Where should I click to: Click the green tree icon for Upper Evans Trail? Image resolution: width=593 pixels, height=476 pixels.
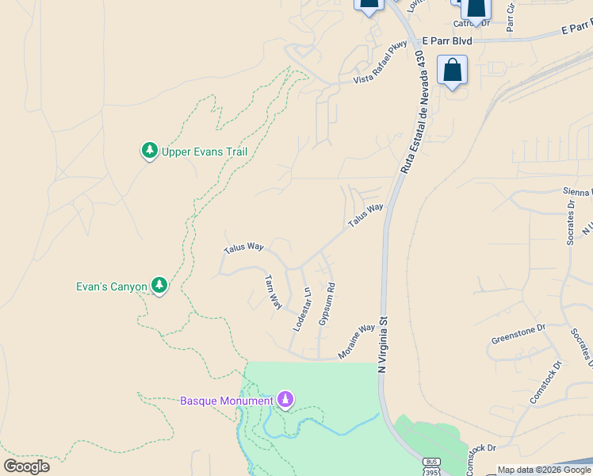coord(149,150)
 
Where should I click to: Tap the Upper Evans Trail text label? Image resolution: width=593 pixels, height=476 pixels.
coord(205,152)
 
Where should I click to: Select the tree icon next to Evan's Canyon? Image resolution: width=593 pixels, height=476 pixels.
coord(159,285)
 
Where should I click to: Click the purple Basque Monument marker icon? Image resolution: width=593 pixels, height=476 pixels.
coord(285,399)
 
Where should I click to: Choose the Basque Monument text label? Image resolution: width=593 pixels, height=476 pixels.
coord(226,401)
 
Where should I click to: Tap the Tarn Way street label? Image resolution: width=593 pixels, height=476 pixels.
coord(272,292)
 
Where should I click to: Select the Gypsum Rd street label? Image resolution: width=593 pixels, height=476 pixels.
coord(326,304)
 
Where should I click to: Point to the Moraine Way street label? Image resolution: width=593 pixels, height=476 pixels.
coord(357,341)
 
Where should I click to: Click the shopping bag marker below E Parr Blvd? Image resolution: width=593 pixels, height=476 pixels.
coord(452,70)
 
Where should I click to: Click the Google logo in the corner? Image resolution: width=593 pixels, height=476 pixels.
coord(26,466)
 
